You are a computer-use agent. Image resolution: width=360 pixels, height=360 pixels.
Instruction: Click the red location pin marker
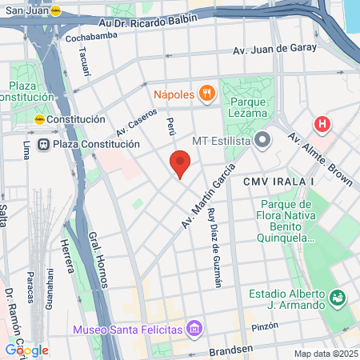(180, 163)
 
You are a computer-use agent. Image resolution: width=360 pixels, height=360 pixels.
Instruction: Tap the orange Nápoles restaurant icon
(207, 94)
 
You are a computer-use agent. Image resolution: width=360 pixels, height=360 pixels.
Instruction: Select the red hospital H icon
(322, 124)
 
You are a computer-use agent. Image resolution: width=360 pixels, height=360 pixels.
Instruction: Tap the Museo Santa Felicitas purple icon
(193, 328)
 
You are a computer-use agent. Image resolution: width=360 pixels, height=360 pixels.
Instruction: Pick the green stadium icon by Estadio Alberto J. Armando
(338, 298)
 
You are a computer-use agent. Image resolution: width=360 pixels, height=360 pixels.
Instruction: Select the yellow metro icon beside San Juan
(55, 10)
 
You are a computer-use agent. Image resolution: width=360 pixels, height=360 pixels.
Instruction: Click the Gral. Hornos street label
(98, 260)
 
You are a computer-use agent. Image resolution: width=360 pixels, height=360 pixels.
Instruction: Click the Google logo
(26, 350)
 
